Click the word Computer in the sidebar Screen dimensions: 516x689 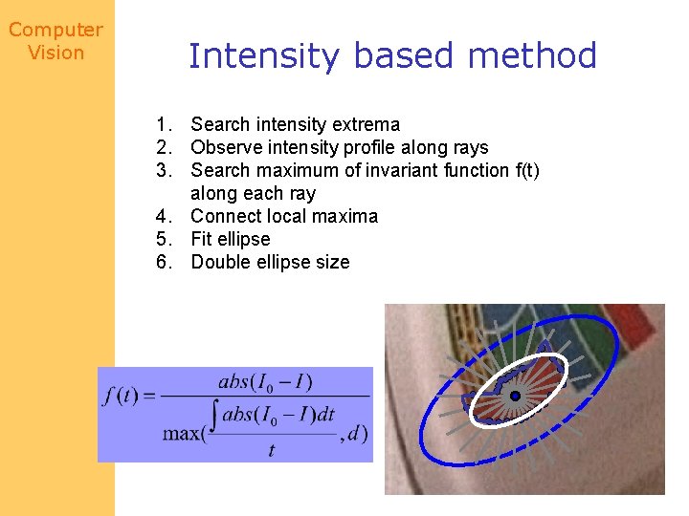point(56,31)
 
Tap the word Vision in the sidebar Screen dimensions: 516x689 point(56,53)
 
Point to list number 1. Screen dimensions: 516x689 point(167,124)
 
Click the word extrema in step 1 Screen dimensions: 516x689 point(367,124)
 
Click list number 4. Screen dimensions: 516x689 point(167,216)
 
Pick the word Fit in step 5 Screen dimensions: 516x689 point(202,239)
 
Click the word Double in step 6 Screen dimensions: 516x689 point(220,262)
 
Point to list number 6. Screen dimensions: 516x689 point(167,262)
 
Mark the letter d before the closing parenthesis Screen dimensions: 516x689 point(354,433)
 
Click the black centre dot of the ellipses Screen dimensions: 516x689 point(514,396)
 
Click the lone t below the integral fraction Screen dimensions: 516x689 point(272,450)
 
